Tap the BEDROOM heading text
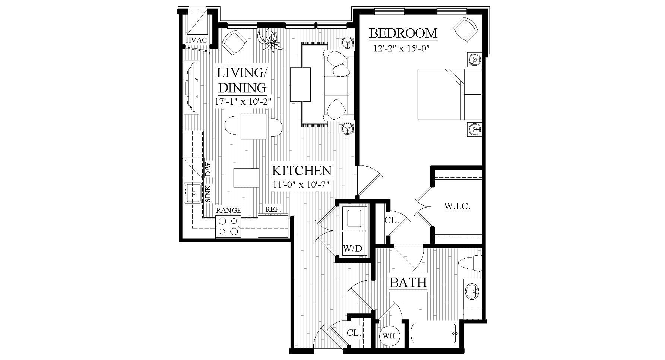tap(403, 34)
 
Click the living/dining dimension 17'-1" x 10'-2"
tap(242, 101)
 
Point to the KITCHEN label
tap(301, 171)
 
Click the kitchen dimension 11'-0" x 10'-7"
tap(301, 184)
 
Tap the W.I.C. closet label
tap(457, 206)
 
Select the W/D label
tap(352, 249)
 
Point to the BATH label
tap(408, 282)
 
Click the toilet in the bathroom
tap(470, 263)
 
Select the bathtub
tap(434, 334)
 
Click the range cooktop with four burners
tap(228, 226)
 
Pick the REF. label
tap(273, 210)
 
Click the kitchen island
tap(246, 178)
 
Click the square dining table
tap(253, 126)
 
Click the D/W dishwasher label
tap(208, 169)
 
